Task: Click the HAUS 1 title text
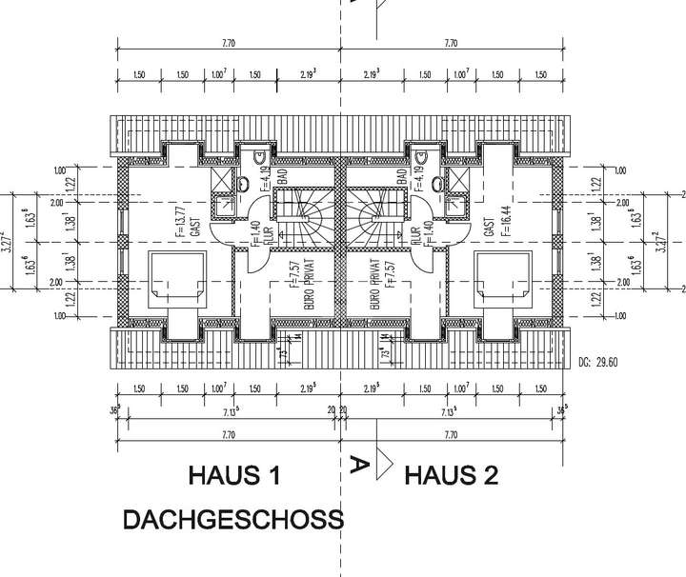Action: [x=233, y=475]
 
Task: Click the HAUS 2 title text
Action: [x=451, y=475]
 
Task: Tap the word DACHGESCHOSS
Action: [x=232, y=520]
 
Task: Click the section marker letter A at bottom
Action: [x=360, y=465]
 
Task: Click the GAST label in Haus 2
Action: [x=488, y=227]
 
